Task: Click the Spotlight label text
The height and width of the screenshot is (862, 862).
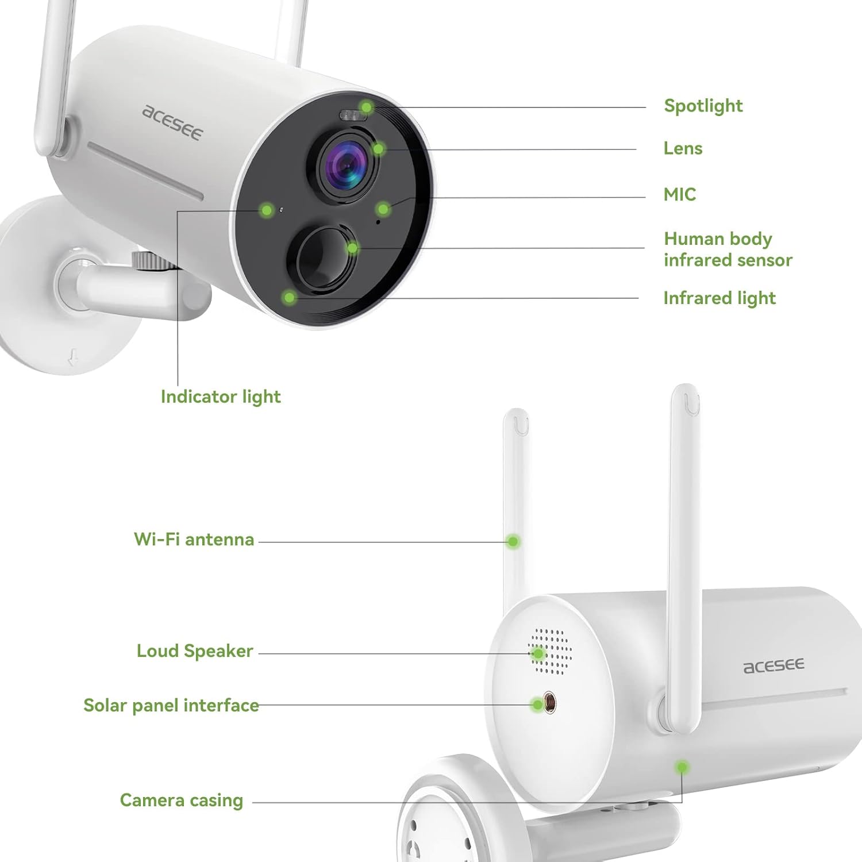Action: click(703, 106)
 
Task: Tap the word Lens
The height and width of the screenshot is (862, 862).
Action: click(683, 148)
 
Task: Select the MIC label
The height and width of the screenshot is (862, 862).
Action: click(679, 194)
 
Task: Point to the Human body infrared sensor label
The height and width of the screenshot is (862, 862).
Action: click(728, 249)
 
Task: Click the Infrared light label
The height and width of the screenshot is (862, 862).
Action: click(719, 298)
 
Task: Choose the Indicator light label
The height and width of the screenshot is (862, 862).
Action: click(221, 397)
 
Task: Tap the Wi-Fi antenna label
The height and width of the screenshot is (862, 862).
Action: click(194, 539)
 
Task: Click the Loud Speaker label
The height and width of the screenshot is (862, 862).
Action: click(195, 651)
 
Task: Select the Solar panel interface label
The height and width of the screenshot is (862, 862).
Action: click(171, 705)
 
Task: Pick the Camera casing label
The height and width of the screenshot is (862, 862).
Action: click(181, 800)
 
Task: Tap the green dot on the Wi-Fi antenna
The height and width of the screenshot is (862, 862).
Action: click(513, 541)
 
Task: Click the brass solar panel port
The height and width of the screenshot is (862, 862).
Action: click(549, 703)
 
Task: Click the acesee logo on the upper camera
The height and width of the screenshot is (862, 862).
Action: click(172, 122)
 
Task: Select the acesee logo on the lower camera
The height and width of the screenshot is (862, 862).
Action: click(774, 666)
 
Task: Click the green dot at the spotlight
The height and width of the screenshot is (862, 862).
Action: click(367, 107)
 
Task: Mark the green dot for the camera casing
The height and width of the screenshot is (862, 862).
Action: click(682, 767)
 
